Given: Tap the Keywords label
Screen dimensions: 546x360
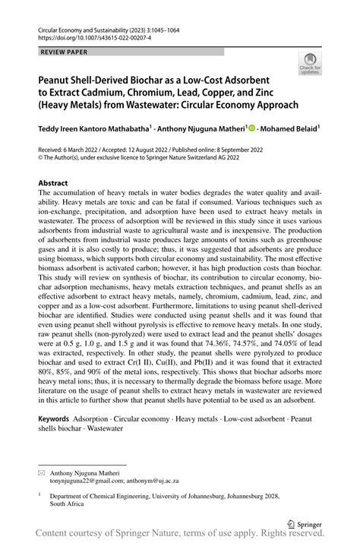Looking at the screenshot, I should pyautogui.click(x=55, y=418).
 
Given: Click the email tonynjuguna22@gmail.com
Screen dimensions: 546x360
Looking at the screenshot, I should pyautogui.click(x=94, y=481).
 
